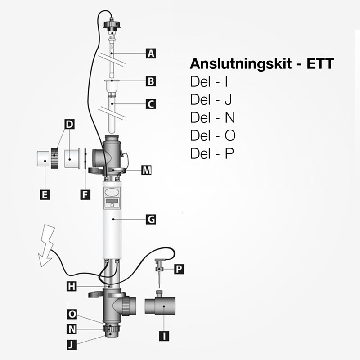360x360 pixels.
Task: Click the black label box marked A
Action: (x=151, y=54)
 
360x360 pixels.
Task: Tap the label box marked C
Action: (x=151, y=104)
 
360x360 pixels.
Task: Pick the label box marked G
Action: (x=151, y=220)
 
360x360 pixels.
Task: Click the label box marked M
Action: (x=146, y=171)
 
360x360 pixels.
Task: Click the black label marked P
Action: (x=179, y=269)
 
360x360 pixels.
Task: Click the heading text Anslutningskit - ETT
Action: (x=262, y=63)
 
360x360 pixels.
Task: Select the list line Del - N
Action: (x=212, y=117)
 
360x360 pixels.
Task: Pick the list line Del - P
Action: (x=212, y=153)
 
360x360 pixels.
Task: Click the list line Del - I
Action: (x=210, y=82)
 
